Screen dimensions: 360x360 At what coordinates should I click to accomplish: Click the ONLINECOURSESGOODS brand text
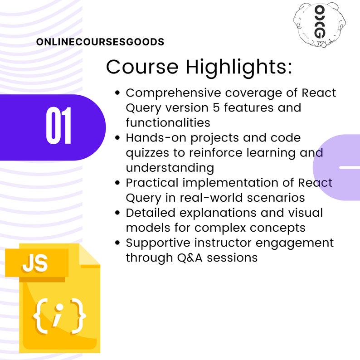pos(100,42)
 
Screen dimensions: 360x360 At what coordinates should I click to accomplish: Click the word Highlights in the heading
pos(238,67)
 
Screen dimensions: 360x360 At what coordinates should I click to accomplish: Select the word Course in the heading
pos(142,67)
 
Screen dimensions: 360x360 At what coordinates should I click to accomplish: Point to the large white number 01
pos(58,127)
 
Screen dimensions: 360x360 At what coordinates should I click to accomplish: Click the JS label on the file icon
pos(35,264)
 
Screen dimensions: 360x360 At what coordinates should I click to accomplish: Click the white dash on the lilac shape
pos(349,167)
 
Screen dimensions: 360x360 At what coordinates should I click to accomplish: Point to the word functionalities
pos(168,123)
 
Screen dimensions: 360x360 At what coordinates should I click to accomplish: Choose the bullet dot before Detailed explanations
pos(118,212)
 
